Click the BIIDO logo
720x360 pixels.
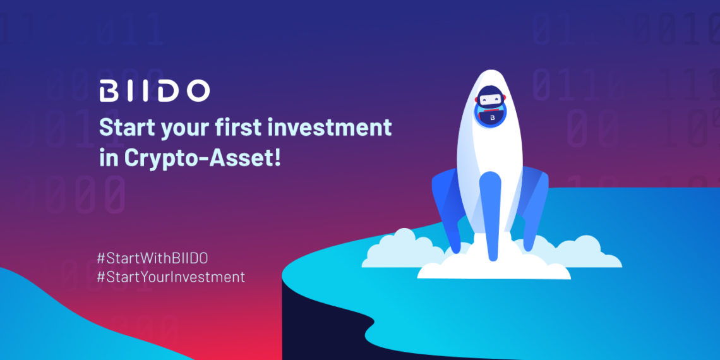154,91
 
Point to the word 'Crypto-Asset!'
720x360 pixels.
202,159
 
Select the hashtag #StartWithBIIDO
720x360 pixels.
152,258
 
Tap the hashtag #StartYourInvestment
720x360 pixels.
171,277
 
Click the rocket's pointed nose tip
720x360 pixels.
490,70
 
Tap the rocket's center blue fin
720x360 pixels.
490,216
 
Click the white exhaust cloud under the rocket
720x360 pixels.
494,267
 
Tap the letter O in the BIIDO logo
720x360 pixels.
197,91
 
